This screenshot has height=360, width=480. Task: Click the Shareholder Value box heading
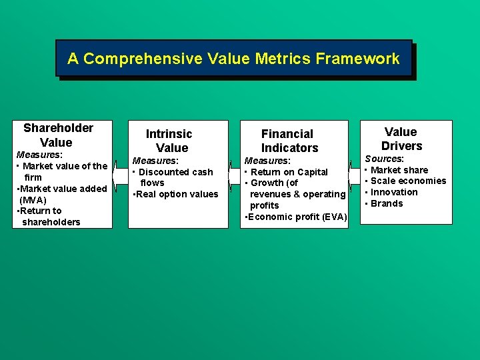pyautogui.click(x=58, y=135)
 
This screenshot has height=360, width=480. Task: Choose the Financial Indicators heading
pyautogui.click(x=289, y=141)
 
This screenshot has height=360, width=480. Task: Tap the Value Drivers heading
pyautogui.click(x=401, y=139)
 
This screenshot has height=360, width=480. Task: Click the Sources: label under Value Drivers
pyautogui.click(x=384, y=159)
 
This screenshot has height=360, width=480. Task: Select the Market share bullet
pyautogui.click(x=399, y=170)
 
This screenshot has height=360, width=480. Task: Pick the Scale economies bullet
pyautogui.click(x=408, y=181)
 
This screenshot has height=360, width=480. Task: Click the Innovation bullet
pyautogui.click(x=394, y=192)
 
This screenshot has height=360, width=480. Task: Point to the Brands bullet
pyautogui.click(x=387, y=203)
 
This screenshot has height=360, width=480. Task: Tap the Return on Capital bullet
pyautogui.click(x=289, y=172)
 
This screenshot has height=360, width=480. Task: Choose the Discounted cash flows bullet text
pyautogui.click(x=175, y=177)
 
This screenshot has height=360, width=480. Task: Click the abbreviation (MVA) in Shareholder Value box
pyautogui.click(x=33, y=199)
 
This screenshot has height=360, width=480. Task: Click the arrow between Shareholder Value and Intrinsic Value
pyautogui.click(x=120, y=175)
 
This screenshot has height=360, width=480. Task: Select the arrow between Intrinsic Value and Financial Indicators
pyautogui.click(x=234, y=175)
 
